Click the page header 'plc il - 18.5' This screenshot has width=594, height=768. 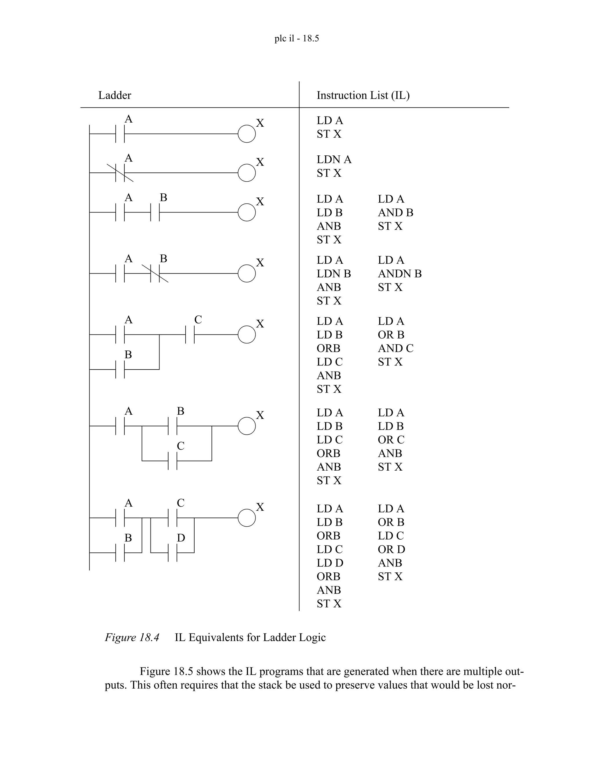click(297, 38)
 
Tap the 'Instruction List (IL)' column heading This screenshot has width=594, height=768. click(363, 95)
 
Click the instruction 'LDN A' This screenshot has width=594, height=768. click(334, 160)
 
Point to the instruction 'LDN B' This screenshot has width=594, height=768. click(334, 274)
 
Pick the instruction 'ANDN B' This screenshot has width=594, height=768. click(399, 274)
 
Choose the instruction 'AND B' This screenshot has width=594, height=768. click(396, 213)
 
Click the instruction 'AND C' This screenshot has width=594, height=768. click(396, 348)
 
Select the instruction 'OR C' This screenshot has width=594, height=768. click(391, 440)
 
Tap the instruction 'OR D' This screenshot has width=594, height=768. click(391, 549)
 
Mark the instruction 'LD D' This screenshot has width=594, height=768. click(330, 563)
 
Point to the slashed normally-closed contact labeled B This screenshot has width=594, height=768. click(155, 274)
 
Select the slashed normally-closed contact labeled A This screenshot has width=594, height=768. click(120, 173)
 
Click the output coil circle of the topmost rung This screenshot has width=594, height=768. click(247, 134)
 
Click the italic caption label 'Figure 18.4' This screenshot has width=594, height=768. click(132, 638)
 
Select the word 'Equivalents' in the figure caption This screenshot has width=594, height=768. click(218, 638)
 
